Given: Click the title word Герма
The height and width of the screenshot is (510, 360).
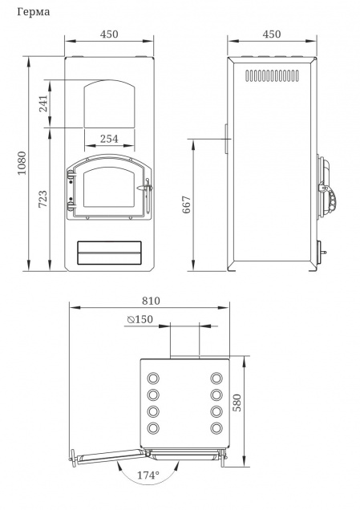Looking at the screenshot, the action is point(34,12).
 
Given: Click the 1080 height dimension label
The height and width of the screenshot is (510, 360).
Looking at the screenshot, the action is point(22,164).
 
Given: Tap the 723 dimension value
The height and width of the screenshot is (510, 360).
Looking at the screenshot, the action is point(42,199).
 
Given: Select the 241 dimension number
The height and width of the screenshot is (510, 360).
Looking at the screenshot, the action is point(43,103).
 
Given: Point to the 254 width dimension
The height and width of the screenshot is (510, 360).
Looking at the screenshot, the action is point(109,139).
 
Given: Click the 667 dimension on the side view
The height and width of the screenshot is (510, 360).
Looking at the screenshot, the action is point(186,204).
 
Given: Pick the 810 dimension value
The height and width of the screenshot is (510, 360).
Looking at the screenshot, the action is point(151,301).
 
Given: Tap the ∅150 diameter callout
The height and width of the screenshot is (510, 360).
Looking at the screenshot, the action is point(140,319).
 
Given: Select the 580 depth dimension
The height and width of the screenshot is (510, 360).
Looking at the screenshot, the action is point(237,403).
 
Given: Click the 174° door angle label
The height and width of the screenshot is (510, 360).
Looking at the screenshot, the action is point(148,476).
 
